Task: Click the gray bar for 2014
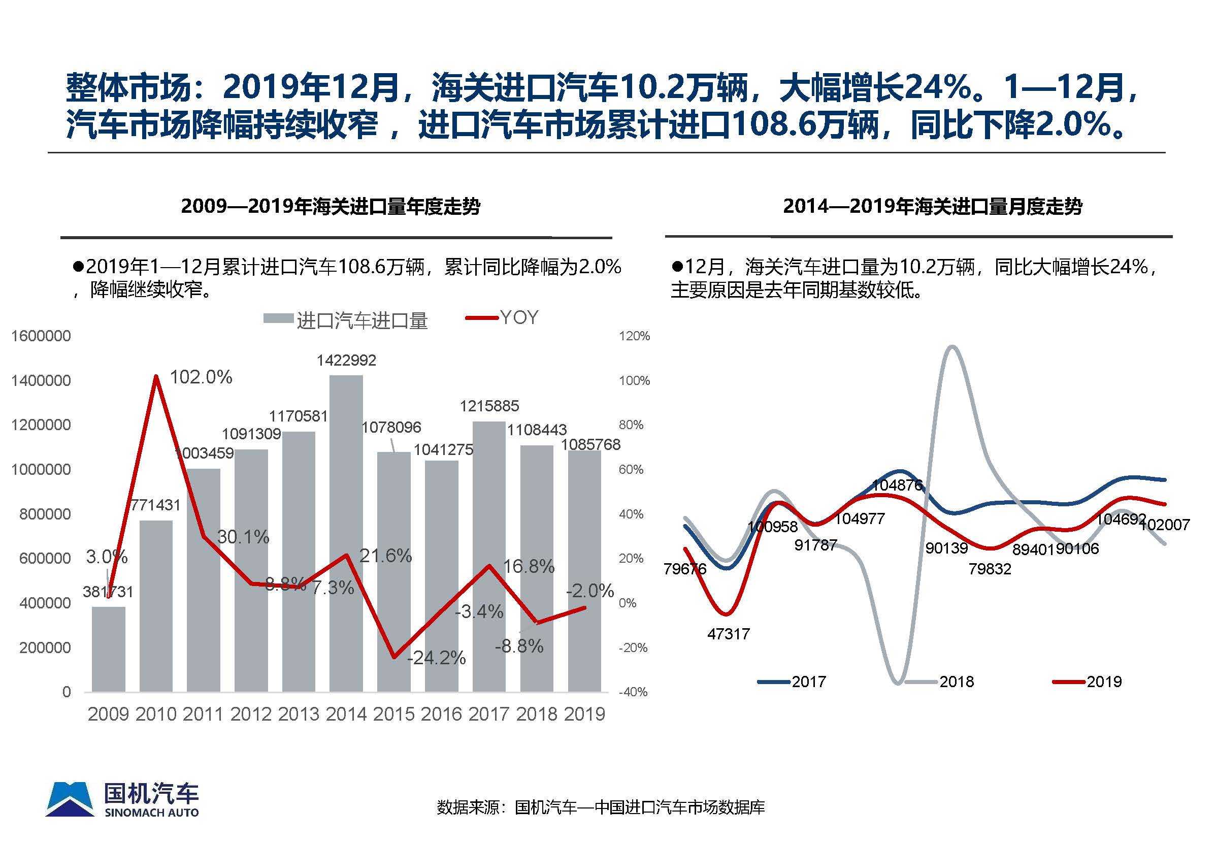pyautogui.click(x=346, y=533)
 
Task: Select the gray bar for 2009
pyautogui.click(x=108, y=649)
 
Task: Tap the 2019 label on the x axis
pyautogui.click(x=584, y=715)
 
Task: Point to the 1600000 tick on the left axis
pyautogui.click(x=41, y=336)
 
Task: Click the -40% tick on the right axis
pyautogui.click(x=633, y=692)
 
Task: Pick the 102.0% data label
pyautogui.click(x=201, y=377)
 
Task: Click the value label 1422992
pyautogui.click(x=346, y=361)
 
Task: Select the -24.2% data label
pyautogui.click(x=437, y=658)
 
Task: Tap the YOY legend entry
pyautogui.click(x=519, y=317)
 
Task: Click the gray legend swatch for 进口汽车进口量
pyautogui.click(x=278, y=318)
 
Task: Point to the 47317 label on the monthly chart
pyautogui.click(x=728, y=634)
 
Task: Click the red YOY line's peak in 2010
pyautogui.click(x=156, y=376)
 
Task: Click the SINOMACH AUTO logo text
pyautogui.click(x=151, y=813)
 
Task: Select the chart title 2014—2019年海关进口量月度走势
pyautogui.click(x=932, y=206)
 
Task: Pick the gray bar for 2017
pyautogui.click(x=489, y=557)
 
